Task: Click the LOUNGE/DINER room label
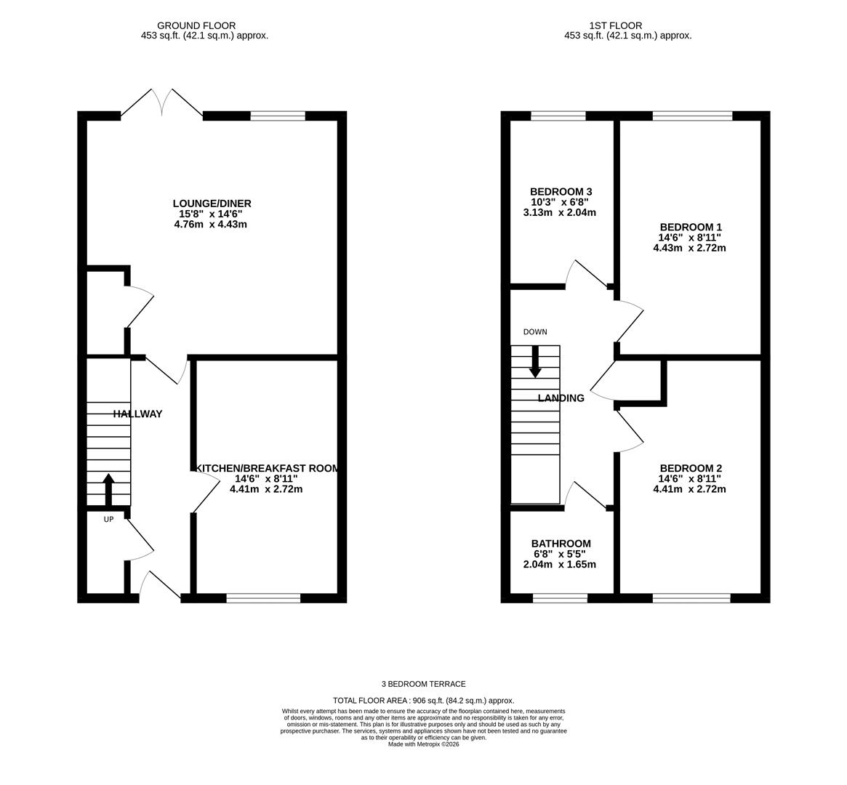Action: point(212,204)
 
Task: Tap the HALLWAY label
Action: point(137,414)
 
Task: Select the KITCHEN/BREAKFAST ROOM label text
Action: point(267,469)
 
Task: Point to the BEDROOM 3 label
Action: point(561,192)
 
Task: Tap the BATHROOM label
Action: point(561,544)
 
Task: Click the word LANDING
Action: point(561,398)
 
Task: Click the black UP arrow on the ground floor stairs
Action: point(108,489)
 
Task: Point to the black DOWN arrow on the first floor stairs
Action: point(535,361)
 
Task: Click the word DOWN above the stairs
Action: point(535,331)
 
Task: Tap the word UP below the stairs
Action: point(108,520)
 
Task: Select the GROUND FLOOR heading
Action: point(196,25)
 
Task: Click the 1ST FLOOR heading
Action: point(616,25)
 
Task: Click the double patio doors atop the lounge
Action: point(162,102)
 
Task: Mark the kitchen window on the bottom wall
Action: point(264,597)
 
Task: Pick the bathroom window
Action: point(560,597)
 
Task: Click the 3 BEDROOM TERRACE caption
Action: point(423,684)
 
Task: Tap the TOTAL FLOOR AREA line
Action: point(423,700)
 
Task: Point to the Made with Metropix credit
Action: point(423,744)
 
